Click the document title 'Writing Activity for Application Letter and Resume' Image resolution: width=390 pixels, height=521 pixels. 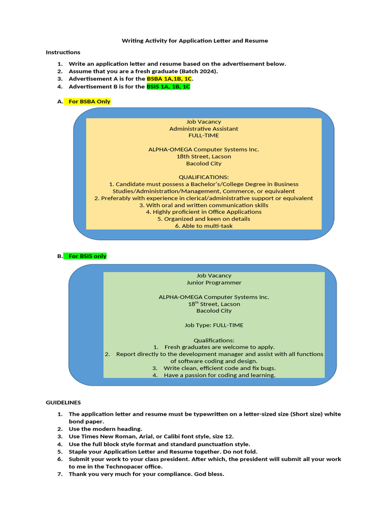tap(195, 40)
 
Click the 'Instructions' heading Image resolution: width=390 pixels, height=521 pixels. tap(63, 52)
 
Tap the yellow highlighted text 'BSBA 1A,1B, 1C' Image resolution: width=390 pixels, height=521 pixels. tap(170, 79)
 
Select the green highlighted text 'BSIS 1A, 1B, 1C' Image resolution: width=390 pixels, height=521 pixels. tap(168, 86)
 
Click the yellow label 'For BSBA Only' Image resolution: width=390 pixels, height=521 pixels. tap(89, 101)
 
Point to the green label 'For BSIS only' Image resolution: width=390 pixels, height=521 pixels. tap(87, 256)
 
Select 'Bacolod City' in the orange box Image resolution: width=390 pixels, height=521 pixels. tap(204, 164)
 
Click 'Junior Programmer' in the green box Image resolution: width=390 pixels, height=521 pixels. tap(214, 282)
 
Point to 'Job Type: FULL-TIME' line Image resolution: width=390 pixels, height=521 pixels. tap(214, 325)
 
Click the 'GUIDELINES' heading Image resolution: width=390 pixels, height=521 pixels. tap(63, 402)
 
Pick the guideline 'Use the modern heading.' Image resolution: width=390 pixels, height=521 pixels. tap(105, 429)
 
